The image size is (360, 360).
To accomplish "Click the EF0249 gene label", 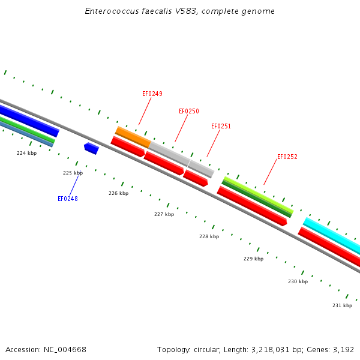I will tap(152, 94).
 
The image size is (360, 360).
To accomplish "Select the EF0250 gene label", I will tap(188, 111).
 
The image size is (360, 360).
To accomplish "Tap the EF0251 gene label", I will tap(221, 126).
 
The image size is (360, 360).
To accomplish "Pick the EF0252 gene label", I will tap(287, 157).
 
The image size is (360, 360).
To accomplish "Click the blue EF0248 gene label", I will tap(67, 199).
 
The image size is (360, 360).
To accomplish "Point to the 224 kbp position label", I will tap(26, 153).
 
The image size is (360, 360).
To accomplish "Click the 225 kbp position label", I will tap(73, 173).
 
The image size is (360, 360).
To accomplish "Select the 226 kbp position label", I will tap(118, 193).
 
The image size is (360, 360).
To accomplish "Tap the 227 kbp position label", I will tap(164, 214).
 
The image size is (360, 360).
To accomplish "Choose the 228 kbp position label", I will tap(209, 236).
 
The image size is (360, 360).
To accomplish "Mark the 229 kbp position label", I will tap(253, 259).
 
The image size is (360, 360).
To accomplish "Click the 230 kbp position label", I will tap(298, 281).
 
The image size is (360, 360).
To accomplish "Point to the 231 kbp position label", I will tap(342, 305).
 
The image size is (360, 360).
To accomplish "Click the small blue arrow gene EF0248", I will tap(91, 148).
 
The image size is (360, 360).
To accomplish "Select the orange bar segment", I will tap(133, 137).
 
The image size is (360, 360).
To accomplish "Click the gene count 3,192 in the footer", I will tap(343, 349).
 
